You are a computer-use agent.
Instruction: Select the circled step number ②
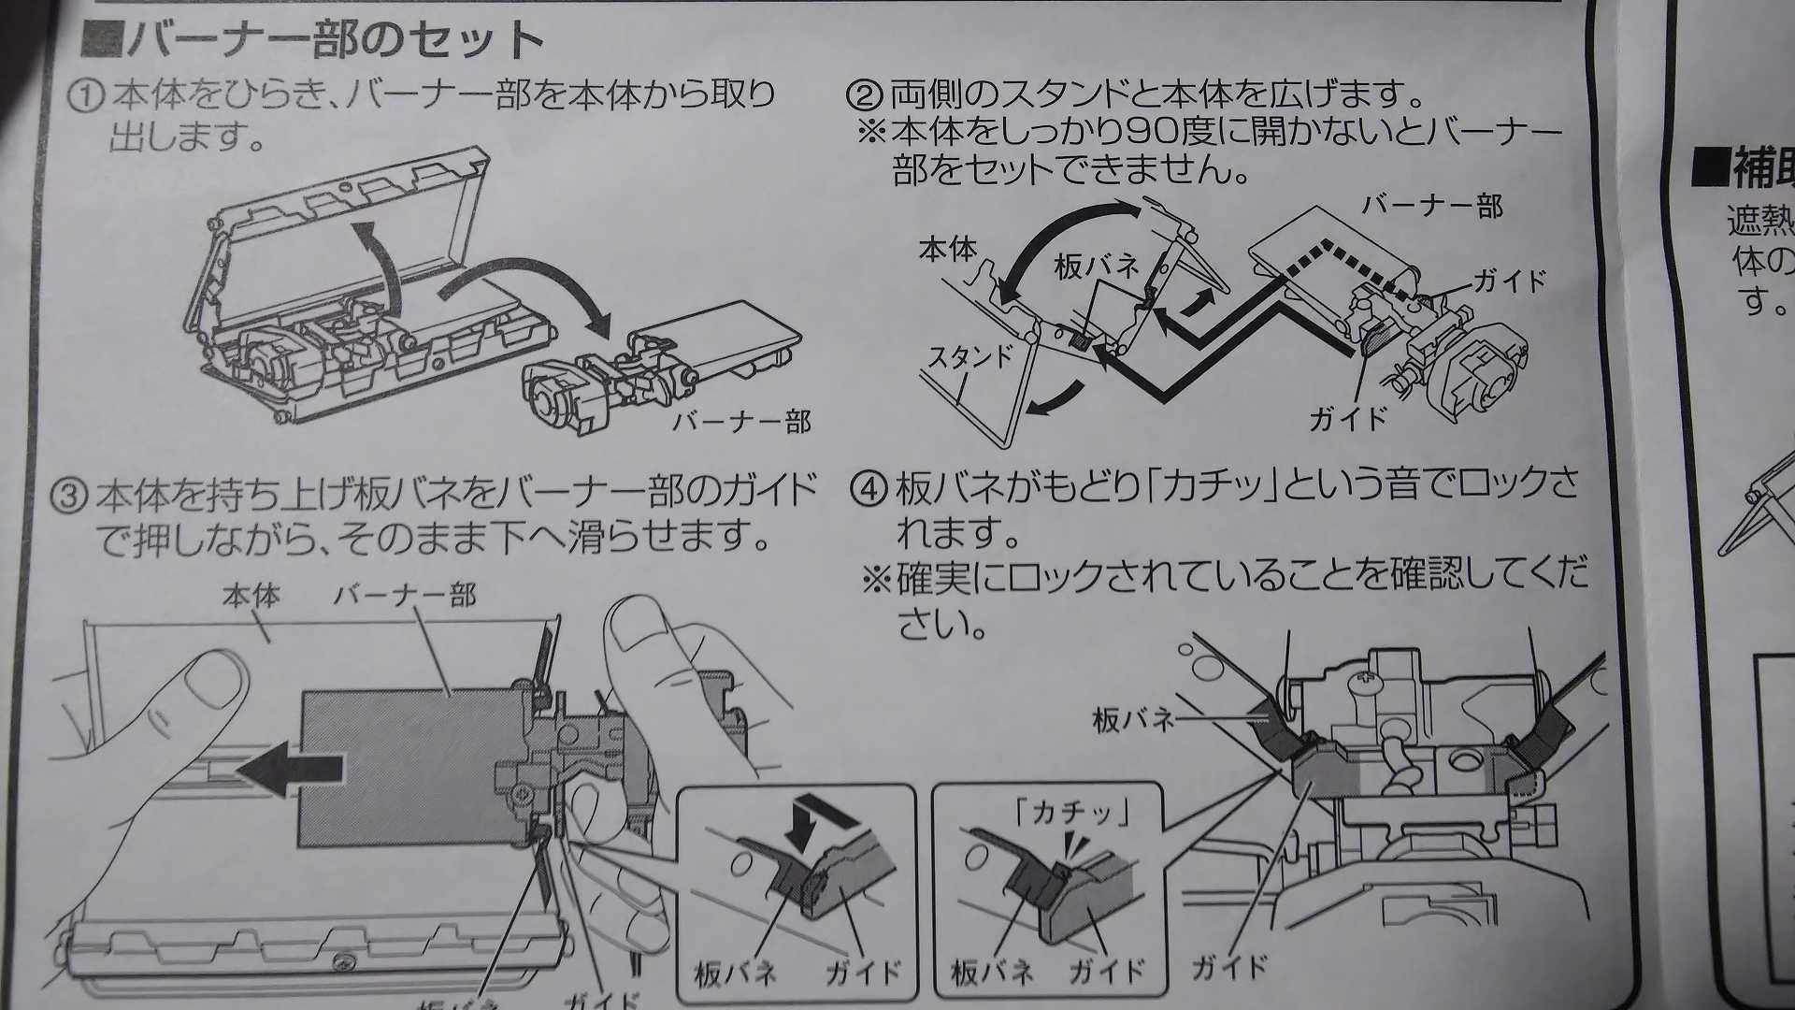coord(865,94)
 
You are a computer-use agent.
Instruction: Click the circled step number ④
coord(868,488)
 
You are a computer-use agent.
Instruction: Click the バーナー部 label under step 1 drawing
coord(741,422)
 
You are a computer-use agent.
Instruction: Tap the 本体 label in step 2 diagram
coord(947,250)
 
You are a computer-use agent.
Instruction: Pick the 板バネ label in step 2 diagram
coord(1096,267)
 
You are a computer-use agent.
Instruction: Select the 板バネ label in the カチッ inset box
coord(991,973)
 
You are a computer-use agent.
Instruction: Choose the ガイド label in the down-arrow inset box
coord(863,973)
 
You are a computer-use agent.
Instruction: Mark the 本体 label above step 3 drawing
coord(251,596)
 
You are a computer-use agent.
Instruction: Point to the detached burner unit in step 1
coord(654,374)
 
